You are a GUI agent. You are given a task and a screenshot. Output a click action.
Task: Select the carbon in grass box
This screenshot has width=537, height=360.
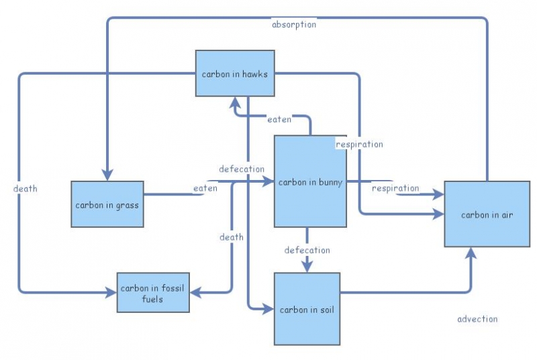click(107, 204)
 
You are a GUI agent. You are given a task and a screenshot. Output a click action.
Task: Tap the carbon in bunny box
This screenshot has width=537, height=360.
click(310, 181)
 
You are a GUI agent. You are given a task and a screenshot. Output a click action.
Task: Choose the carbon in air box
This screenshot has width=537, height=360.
click(487, 214)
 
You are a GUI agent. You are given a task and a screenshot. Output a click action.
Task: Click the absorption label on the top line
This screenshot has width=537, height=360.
click(293, 24)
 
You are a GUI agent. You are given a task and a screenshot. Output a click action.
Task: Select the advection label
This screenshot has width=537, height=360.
click(477, 318)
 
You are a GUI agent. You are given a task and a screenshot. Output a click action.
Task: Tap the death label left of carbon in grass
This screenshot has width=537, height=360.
click(25, 188)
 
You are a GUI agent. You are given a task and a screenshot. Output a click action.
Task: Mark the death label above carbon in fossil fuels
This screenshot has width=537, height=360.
click(231, 236)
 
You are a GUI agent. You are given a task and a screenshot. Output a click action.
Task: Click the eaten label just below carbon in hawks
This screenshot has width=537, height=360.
click(279, 120)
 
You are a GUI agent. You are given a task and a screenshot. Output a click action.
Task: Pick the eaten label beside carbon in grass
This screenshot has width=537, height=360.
click(205, 188)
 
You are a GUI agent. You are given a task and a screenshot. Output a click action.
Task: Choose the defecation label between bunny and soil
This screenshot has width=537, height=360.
click(307, 250)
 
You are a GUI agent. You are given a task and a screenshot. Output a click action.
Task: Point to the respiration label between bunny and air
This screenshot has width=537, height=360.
click(395, 188)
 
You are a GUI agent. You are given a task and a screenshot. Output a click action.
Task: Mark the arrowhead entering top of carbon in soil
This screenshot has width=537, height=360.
click(307, 267)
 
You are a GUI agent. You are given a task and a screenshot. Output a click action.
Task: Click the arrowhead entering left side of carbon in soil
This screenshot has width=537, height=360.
click(268, 309)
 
